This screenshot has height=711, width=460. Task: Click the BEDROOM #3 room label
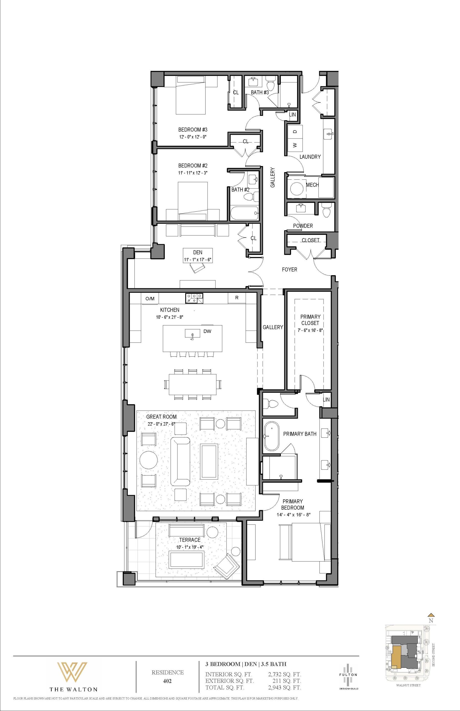(x=193, y=130)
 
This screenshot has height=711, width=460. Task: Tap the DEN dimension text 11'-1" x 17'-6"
(x=198, y=259)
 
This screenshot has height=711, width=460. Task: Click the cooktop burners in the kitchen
(x=194, y=298)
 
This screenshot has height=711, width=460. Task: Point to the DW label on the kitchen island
(x=207, y=331)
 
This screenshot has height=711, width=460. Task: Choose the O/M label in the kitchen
(x=150, y=298)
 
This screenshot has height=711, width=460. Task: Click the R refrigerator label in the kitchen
(x=237, y=298)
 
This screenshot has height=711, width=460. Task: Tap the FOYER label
(x=290, y=269)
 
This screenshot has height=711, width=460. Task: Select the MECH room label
(x=312, y=185)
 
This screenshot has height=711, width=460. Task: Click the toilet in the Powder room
(x=327, y=210)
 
